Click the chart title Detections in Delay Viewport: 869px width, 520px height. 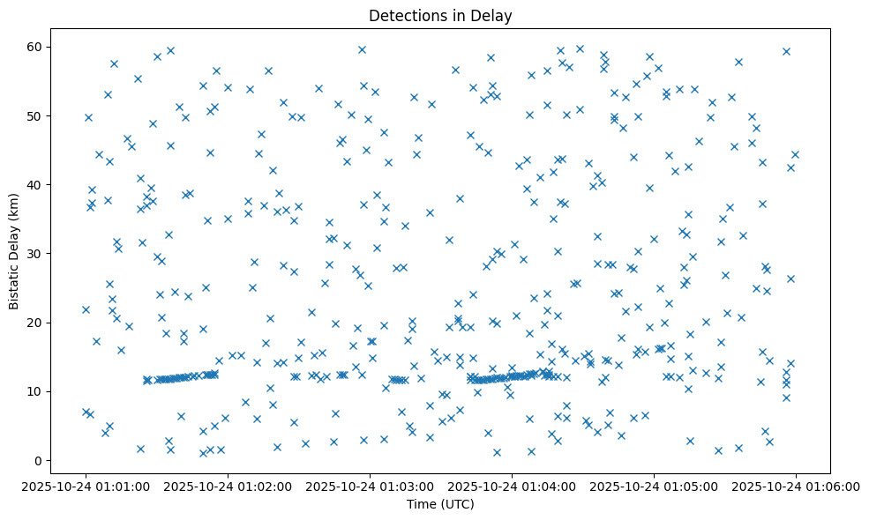point(440,16)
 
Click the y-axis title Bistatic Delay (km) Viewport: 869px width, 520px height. point(15,241)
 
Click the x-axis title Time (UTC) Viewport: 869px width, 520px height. point(440,504)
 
